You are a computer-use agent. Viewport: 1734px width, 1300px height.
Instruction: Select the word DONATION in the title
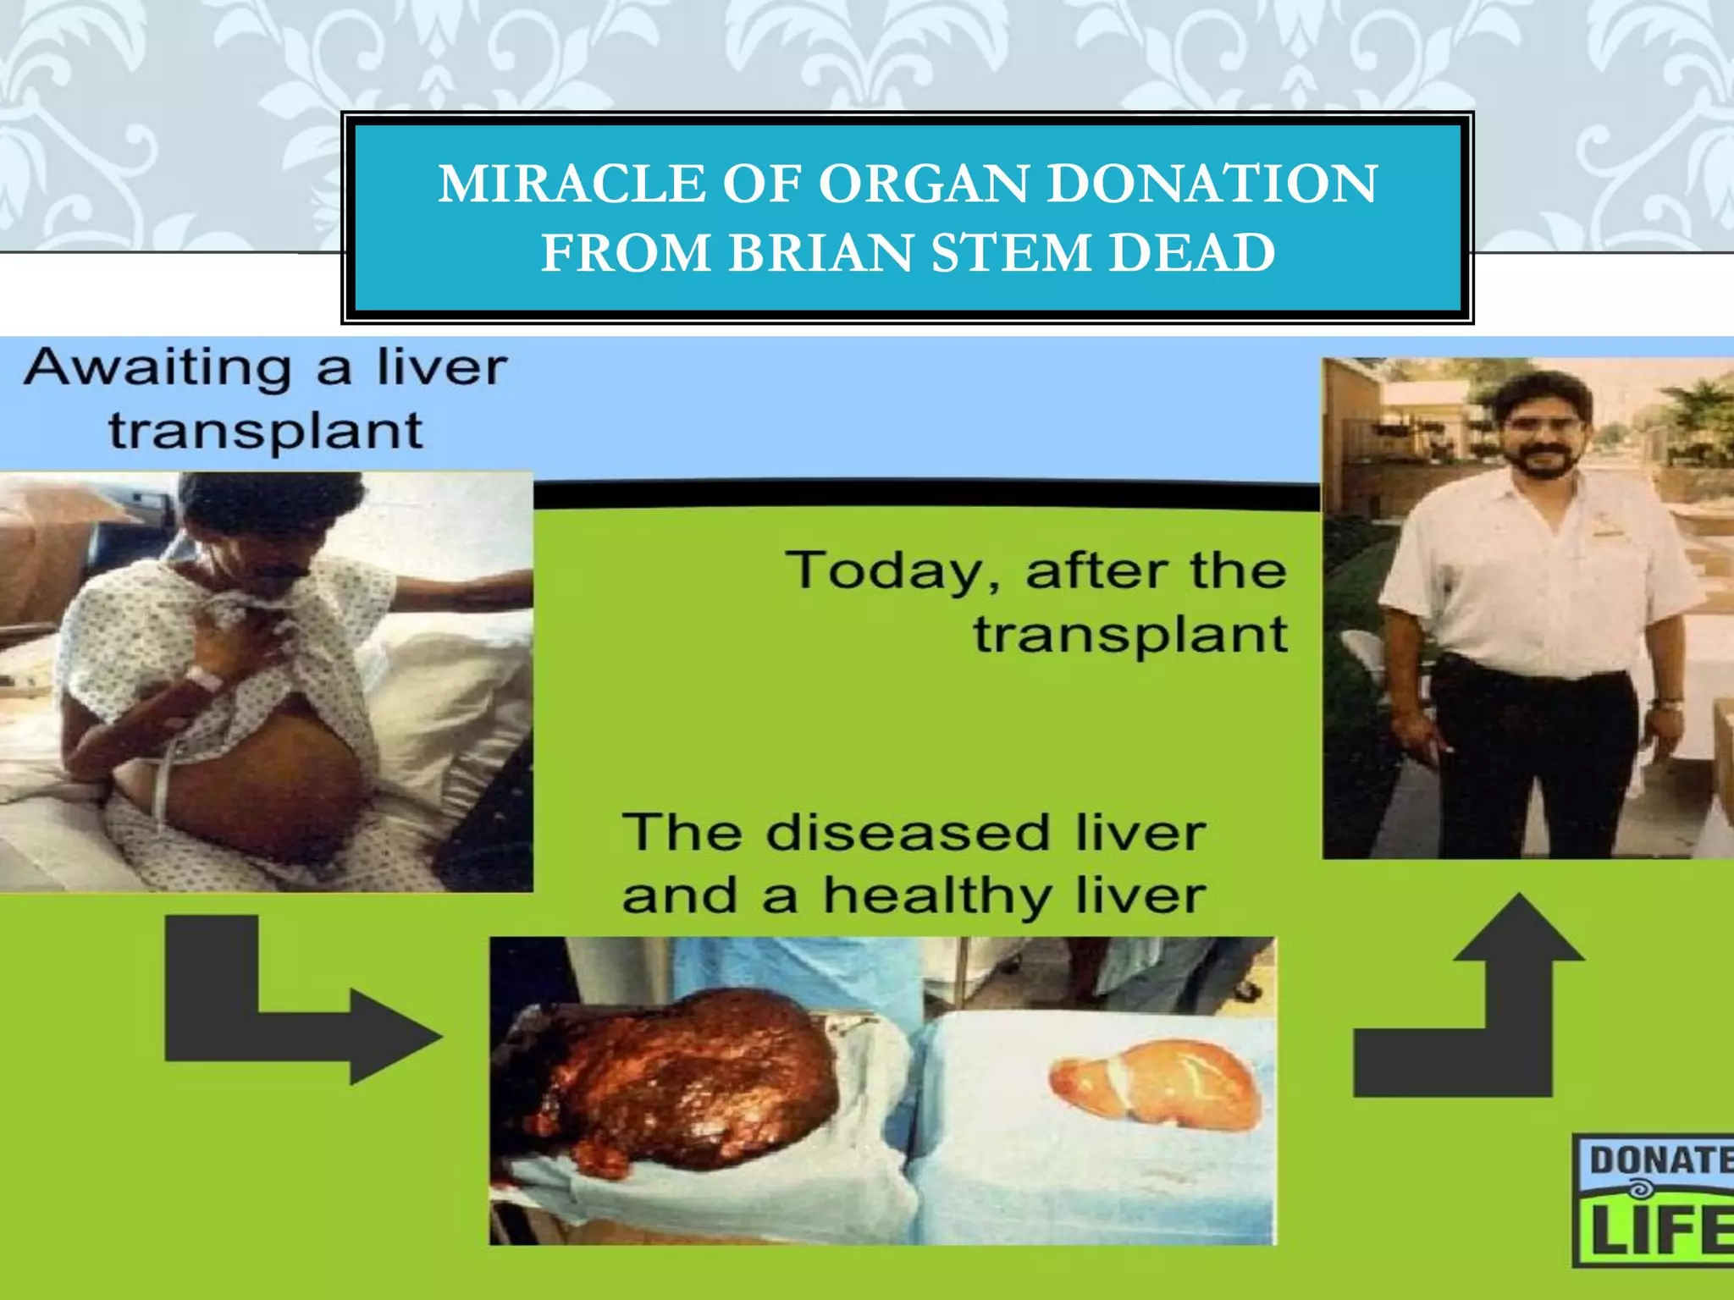(x=1212, y=184)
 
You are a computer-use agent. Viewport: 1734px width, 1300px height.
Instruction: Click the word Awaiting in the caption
(x=158, y=370)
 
